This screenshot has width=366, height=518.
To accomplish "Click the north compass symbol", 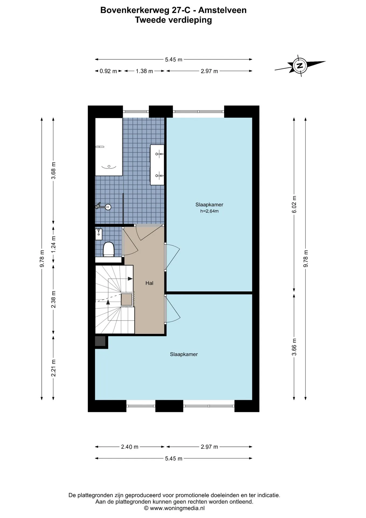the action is tap(300, 66).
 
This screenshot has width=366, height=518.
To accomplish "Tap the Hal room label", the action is tap(149, 283).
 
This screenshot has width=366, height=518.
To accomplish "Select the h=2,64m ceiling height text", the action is tap(209, 211).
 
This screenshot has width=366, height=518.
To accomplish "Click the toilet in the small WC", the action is tap(109, 249).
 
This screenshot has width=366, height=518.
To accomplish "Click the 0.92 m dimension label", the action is tap(108, 71).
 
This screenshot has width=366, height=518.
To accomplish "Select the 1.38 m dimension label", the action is tap(144, 71).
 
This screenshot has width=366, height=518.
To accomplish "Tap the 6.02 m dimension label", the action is tap(294, 204).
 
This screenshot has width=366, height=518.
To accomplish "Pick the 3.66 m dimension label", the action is tap(294, 347).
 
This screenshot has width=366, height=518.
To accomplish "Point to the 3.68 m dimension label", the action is tap(53, 170).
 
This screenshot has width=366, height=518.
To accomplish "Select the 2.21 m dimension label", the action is tap(53, 368).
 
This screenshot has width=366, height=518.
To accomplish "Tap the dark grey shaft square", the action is tap(101, 341).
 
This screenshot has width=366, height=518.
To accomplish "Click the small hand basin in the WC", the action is tap(99, 234).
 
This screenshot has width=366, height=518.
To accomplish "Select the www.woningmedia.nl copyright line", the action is tap(174, 508).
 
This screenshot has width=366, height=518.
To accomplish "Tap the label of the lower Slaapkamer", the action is tap(184, 354).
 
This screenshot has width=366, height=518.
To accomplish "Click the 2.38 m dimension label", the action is tap(53, 299).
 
